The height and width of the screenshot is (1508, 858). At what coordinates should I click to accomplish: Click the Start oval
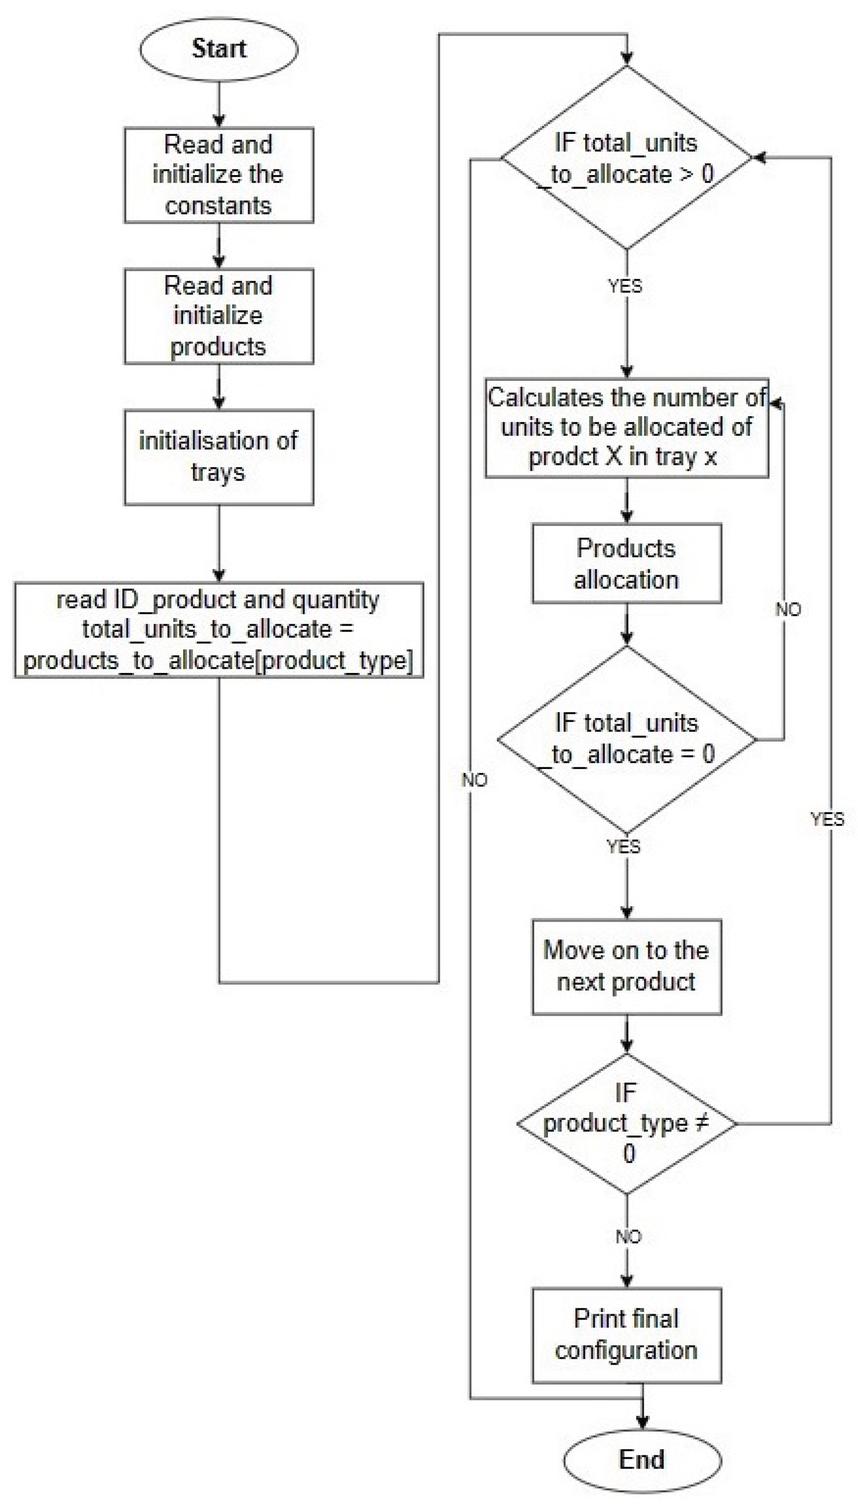(218, 49)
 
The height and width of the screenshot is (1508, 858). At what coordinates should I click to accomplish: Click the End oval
(642, 1460)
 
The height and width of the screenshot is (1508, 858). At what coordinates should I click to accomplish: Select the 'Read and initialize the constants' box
(218, 175)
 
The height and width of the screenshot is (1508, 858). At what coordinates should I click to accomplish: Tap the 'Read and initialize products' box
(218, 316)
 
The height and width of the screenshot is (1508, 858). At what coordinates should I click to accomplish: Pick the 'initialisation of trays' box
(218, 457)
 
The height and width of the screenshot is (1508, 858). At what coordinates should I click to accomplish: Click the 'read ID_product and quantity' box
(218, 630)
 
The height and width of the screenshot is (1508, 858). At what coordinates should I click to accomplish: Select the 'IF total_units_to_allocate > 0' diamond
(626, 158)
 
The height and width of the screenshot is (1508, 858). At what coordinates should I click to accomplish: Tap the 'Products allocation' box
(626, 563)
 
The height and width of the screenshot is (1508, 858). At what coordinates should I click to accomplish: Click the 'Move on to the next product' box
(626, 967)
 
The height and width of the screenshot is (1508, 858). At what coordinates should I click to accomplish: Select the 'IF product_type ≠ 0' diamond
(626, 1124)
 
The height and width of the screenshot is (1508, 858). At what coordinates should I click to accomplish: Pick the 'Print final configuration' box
(626, 1335)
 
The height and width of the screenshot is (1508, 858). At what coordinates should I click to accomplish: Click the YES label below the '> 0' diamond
(625, 286)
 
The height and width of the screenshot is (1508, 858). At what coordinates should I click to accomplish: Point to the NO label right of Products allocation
(788, 609)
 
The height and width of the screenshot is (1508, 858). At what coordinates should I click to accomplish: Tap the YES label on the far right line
(827, 819)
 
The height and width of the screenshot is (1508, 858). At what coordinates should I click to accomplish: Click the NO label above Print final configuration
(628, 1236)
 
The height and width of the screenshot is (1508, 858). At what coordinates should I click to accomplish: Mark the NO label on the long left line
(474, 780)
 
